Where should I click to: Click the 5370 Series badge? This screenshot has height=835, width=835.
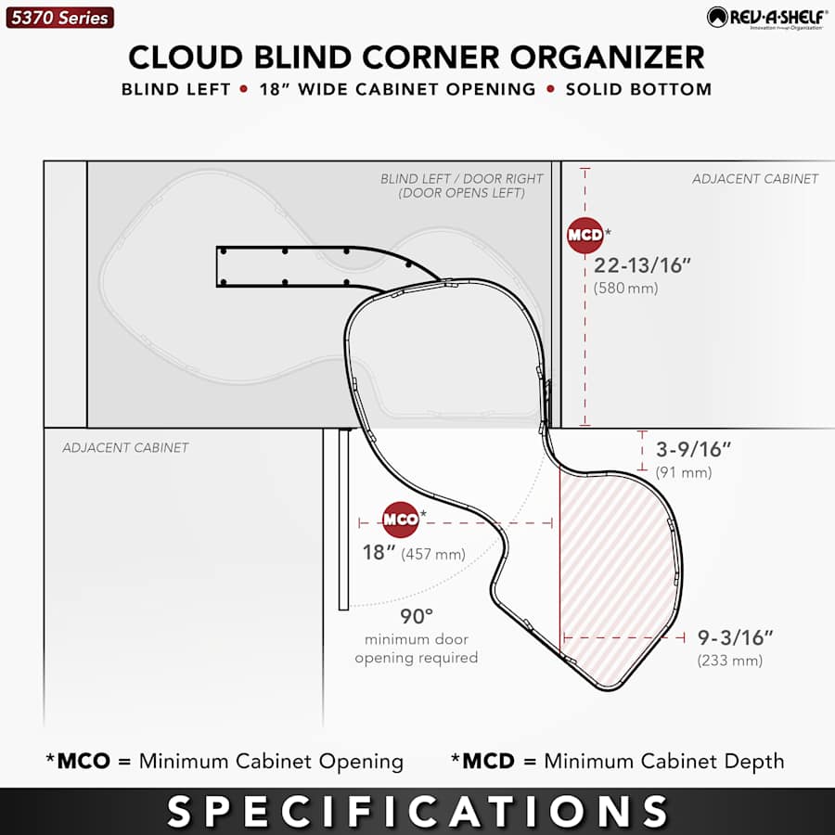click(59, 18)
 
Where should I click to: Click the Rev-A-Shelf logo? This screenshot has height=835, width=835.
click(767, 18)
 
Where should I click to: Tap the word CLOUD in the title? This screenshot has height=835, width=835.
click(186, 57)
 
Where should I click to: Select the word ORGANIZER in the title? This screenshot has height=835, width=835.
click(608, 57)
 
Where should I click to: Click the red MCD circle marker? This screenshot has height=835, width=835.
click(584, 235)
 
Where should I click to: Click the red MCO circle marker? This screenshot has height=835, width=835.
click(401, 520)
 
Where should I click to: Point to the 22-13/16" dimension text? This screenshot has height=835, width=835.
click(642, 265)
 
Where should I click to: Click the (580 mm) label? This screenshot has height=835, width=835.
click(625, 289)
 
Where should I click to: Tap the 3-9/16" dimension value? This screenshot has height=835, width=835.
click(693, 449)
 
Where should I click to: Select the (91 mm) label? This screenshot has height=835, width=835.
click(684, 472)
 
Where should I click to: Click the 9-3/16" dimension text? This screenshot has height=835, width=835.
click(735, 637)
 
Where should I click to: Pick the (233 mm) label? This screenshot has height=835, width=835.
click(730, 661)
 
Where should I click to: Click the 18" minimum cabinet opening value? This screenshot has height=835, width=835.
click(379, 553)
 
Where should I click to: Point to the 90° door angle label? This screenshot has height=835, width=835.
click(417, 616)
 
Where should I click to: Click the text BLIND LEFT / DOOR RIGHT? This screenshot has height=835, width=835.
click(462, 178)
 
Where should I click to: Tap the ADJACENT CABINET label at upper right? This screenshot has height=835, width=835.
click(755, 178)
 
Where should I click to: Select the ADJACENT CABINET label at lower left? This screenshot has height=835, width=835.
click(125, 447)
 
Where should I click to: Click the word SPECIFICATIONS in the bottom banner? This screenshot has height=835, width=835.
click(417, 811)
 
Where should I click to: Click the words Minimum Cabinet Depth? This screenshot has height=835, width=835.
click(664, 762)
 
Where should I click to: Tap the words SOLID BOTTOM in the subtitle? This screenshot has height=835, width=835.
click(638, 89)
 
